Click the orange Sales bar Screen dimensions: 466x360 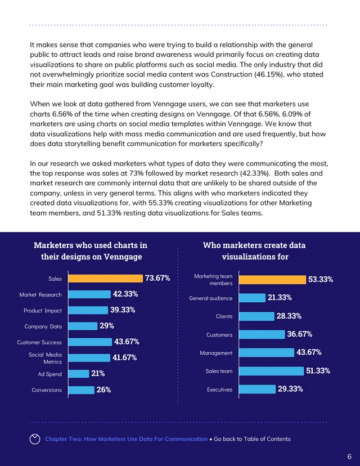coord(105,278)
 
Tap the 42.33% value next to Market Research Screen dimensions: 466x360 coord(125,294)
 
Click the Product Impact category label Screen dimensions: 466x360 coord(43,310)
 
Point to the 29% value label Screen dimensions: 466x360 coord(107,325)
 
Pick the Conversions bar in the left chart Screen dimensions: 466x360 coord(82,389)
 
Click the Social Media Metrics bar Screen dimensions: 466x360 coord(89,357)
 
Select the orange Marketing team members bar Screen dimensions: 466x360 coord(272,279)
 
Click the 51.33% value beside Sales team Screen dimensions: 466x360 coord(318,370)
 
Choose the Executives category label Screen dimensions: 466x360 coord(219,389)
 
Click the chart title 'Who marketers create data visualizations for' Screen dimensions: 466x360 coord(254,251)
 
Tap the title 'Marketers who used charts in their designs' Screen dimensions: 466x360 coord(91,251)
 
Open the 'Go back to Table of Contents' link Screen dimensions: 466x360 coord(252,439)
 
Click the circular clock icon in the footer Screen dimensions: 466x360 coord(35,439)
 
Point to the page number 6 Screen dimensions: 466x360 coord(349,456)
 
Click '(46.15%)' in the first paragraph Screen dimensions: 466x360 coord(289,74)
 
